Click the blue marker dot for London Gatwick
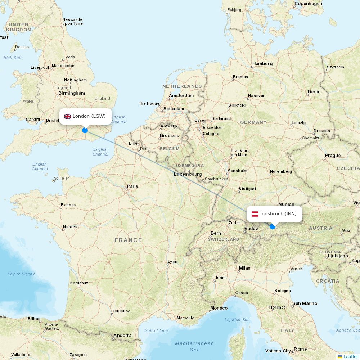(x=85, y=130)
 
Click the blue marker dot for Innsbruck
(x=273, y=226)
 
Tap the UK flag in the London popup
(x=68, y=116)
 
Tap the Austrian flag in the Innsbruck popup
(x=255, y=214)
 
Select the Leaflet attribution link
(x=350, y=356)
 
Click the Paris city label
(x=132, y=186)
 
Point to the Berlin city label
(x=314, y=92)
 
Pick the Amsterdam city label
(x=181, y=96)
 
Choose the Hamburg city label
(x=262, y=64)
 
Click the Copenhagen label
(x=308, y=4)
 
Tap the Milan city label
(x=245, y=268)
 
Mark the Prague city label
(x=333, y=156)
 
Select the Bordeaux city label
(x=79, y=283)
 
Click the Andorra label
(x=122, y=336)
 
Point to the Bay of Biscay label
(x=21, y=274)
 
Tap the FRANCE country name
(x=128, y=240)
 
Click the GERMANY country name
(x=253, y=122)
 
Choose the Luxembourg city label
(x=188, y=174)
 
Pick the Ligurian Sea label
(x=237, y=320)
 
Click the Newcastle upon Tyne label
(x=72, y=22)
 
